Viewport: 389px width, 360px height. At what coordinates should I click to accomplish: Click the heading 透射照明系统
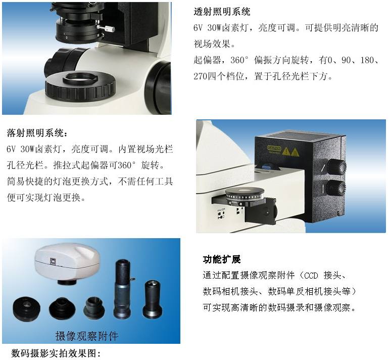coord(222,12)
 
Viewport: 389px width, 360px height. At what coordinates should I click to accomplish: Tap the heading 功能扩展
coord(222,259)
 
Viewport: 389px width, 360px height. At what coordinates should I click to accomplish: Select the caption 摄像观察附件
coord(87,336)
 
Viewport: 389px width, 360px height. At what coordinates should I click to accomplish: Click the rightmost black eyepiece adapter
coord(153,299)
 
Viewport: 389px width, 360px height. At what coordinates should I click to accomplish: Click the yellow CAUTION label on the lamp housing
coord(274,148)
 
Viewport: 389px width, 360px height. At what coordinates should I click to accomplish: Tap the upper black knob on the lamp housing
coord(336,166)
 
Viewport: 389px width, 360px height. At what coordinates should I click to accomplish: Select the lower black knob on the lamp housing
coord(336,188)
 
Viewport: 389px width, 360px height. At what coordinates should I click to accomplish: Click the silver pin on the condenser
coord(106,28)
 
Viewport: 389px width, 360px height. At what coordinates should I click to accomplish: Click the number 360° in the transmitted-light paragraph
coord(239,60)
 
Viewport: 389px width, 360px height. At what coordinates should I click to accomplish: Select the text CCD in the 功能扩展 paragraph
coord(311,276)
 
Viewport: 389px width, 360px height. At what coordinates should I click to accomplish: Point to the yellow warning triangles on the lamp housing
coord(291,152)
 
